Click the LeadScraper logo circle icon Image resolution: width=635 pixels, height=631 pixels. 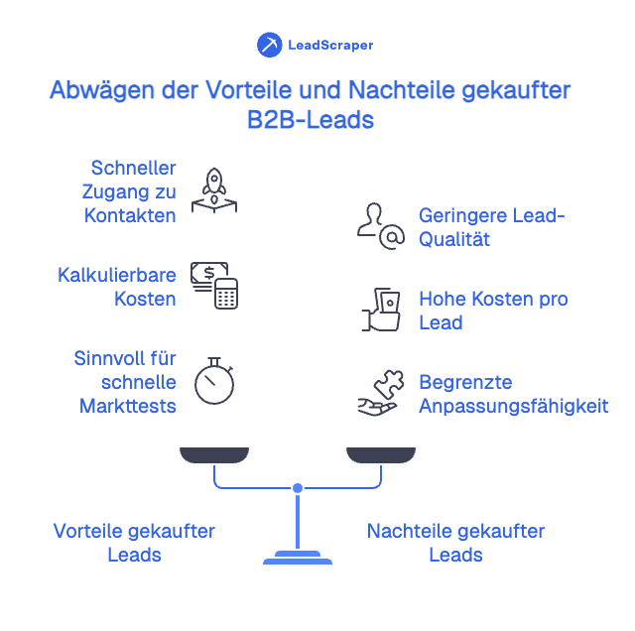[x=269, y=45]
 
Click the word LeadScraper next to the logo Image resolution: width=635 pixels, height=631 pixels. [x=330, y=46]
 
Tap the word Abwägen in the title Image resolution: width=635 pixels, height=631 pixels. [x=92, y=90]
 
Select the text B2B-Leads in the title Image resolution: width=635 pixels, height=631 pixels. [x=311, y=119]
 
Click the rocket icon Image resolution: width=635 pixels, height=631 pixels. [x=214, y=189]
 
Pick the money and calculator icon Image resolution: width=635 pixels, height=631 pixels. [x=215, y=285]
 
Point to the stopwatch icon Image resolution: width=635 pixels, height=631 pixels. [x=214, y=380]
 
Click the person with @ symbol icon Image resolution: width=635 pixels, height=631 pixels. [x=381, y=227]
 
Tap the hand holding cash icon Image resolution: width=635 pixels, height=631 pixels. [x=381, y=310]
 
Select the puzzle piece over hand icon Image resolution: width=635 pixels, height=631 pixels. [x=380, y=393]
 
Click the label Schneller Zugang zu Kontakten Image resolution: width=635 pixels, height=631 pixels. [x=130, y=190]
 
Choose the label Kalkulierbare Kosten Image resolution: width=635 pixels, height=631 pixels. [x=117, y=286]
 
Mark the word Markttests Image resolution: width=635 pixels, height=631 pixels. [x=128, y=405]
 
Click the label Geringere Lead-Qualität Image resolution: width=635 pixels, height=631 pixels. [x=491, y=227]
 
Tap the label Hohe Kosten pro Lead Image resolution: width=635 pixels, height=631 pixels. [x=493, y=310]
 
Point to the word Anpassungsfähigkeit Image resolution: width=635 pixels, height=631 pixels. [x=513, y=406]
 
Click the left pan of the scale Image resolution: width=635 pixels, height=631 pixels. [x=214, y=454]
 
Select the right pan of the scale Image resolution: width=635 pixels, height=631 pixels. [x=380, y=454]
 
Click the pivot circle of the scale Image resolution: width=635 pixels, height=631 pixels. [x=297, y=487]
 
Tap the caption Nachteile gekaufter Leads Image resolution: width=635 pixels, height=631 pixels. [x=455, y=543]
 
